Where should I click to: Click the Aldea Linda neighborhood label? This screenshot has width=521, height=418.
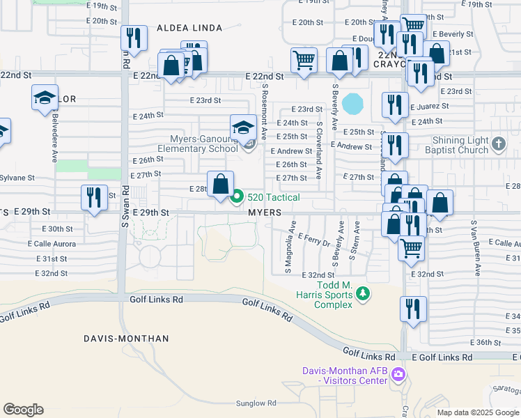coord(189,28)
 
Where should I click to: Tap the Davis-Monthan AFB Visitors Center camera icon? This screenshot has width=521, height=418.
coord(398,376)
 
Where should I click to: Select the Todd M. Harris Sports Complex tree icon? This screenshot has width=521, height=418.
coord(362,295)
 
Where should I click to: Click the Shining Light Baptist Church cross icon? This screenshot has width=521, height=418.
coord(498,144)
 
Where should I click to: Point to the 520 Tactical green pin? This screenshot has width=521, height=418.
coord(237,197)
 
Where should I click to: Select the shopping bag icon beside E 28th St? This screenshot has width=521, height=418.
coord(221,185)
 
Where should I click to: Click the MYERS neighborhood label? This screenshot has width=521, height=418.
coord(265,212)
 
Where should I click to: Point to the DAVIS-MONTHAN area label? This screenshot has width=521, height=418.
coord(126,339)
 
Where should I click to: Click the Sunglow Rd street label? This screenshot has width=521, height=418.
coord(256,403)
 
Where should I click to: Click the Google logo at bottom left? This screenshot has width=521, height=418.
coord(23,409)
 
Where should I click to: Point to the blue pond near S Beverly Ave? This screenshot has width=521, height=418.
coord(354,104)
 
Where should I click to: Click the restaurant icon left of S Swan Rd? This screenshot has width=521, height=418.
coord(93,197)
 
